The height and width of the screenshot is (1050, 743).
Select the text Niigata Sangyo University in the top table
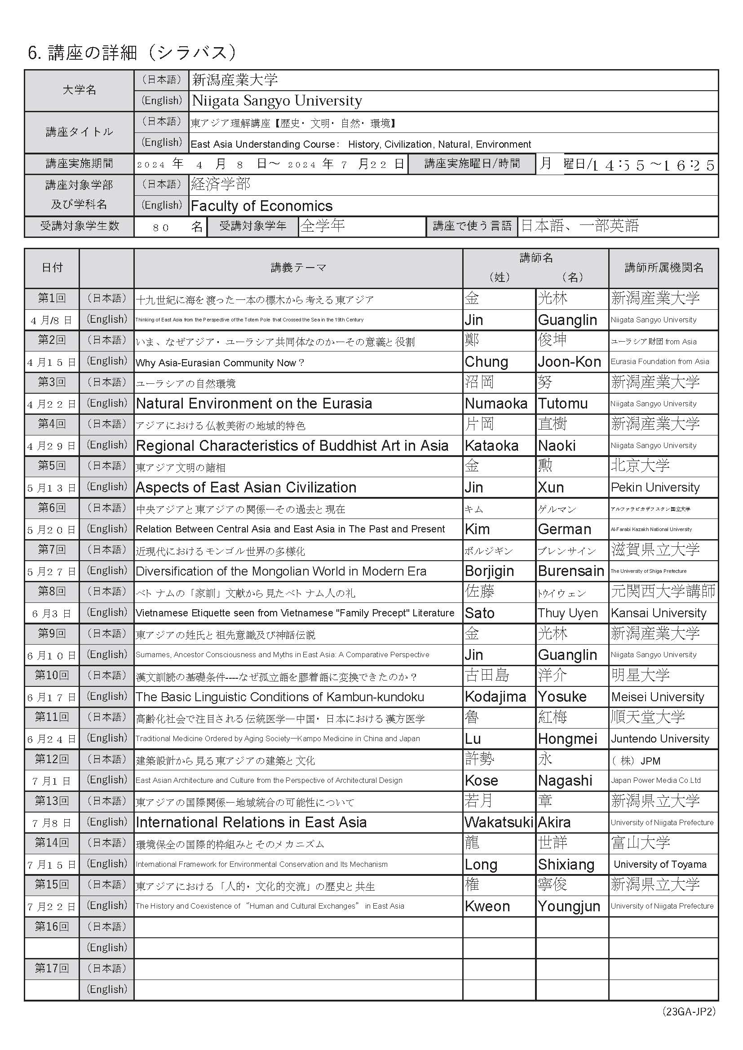tap(277, 101)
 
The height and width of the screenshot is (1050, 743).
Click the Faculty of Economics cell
tap(261, 206)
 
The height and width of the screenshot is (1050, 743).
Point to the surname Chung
tap(486, 362)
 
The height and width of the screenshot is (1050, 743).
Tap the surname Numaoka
tap(496, 404)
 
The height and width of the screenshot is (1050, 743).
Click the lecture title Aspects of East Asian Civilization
tap(246, 488)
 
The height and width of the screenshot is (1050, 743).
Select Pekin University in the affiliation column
tap(655, 488)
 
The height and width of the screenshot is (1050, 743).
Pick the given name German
tap(565, 529)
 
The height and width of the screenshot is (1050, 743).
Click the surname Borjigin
tap(489, 571)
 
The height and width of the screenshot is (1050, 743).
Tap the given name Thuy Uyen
tap(567, 613)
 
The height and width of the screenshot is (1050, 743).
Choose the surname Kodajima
tap(495, 697)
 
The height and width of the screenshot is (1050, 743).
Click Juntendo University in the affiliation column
tap(660, 738)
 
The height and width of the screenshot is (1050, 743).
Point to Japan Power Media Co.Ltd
tap(655, 780)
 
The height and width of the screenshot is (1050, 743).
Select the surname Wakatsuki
tap(499, 822)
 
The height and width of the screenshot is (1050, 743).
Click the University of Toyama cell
tap(660, 864)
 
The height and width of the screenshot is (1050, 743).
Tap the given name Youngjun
tap(569, 906)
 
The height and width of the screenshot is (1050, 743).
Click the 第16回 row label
tap(52, 927)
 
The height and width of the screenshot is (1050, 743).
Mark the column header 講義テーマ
tap(298, 268)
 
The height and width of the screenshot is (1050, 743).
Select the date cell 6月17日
tap(52, 697)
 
